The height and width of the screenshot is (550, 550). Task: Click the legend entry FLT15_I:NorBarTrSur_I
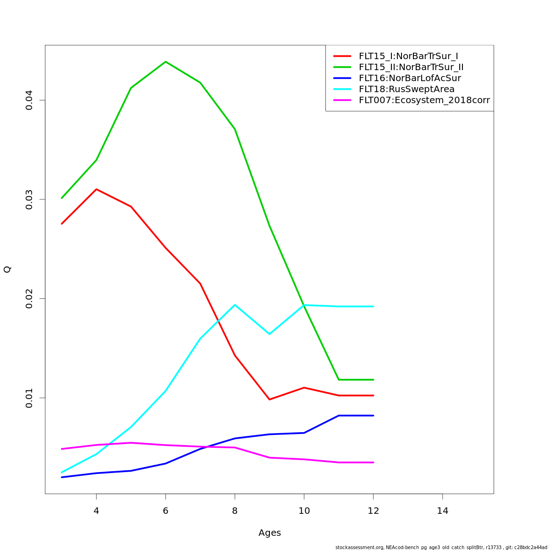click(x=408, y=56)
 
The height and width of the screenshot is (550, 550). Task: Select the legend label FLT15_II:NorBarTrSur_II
click(x=411, y=67)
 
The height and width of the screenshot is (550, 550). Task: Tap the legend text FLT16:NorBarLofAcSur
click(x=410, y=78)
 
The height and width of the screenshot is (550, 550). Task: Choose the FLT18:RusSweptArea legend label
click(x=407, y=89)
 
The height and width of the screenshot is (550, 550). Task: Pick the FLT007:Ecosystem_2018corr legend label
click(x=424, y=100)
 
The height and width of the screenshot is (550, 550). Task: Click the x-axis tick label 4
click(x=96, y=511)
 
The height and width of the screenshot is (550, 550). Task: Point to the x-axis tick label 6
click(x=165, y=511)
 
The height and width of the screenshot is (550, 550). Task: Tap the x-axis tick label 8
click(x=235, y=511)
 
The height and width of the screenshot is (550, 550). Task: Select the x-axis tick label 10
click(x=304, y=511)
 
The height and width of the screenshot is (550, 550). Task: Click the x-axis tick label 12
click(x=374, y=511)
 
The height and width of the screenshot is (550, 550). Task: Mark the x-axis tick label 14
click(x=443, y=511)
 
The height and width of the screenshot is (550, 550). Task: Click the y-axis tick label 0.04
click(x=29, y=100)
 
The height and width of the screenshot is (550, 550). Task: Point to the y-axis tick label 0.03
click(x=29, y=199)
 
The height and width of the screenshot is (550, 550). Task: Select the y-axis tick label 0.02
click(x=29, y=298)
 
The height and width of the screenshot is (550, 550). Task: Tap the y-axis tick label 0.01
click(x=29, y=398)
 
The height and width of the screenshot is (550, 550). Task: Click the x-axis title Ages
click(x=269, y=533)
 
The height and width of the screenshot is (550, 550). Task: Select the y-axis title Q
click(x=7, y=269)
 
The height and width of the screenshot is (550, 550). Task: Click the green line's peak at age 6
click(x=165, y=61)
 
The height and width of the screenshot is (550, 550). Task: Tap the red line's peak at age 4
click(x=96, y=189)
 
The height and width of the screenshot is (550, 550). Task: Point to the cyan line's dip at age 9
click(x=269, y=334)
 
